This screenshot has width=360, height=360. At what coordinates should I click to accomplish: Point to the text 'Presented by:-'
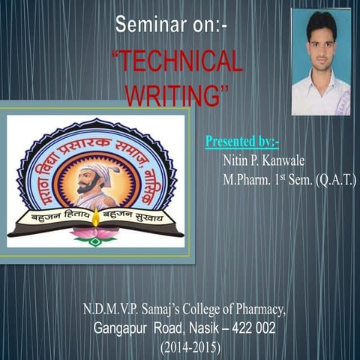click(x=241, y=141)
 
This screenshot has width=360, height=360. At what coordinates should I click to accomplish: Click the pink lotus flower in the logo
click(x=94, y=235)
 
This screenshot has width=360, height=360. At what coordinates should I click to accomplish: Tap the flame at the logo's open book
click(x=95, y=217)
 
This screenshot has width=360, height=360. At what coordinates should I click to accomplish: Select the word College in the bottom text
click(x=196, y=308)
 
